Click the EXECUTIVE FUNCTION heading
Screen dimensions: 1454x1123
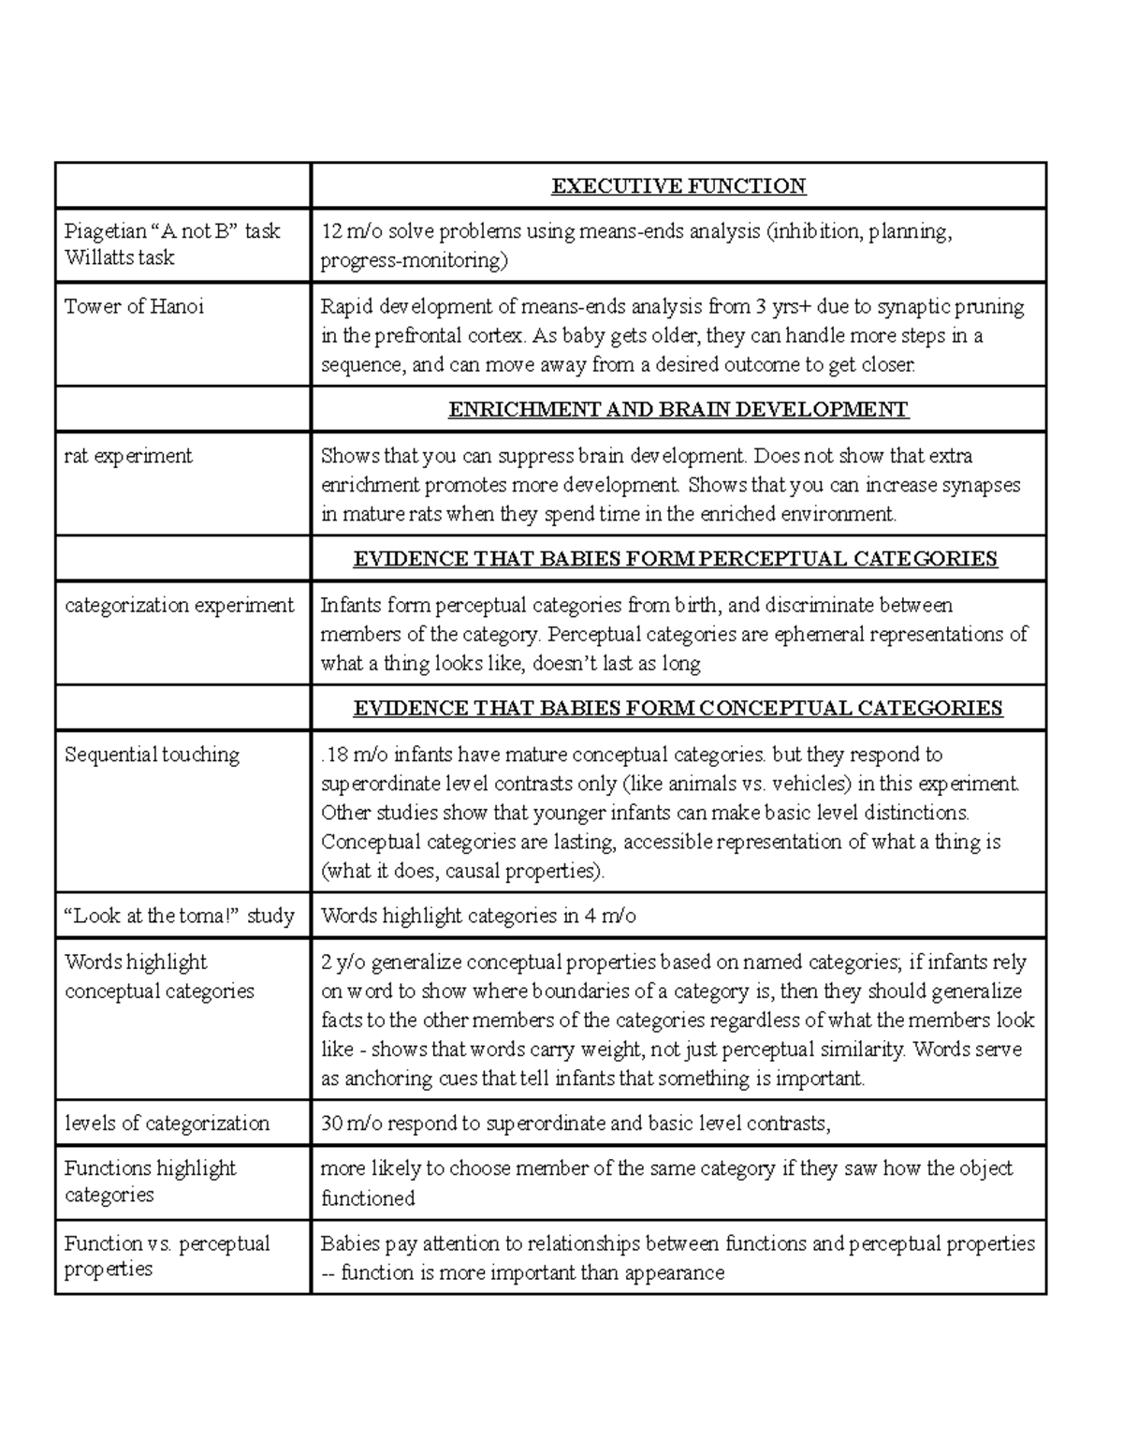pos(678,186)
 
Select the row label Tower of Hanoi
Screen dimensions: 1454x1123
pos(134,306)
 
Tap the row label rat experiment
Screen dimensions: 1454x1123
pos(127,456)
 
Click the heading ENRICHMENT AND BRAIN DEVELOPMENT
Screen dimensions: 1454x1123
pos(678,410)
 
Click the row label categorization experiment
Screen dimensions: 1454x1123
pos(179,605)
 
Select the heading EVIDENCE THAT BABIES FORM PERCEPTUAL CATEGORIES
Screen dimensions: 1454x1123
pos(675,560)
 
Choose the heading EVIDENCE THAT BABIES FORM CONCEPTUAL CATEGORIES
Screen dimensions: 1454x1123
pos(677,708)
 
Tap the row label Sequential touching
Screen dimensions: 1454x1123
pos(152,755)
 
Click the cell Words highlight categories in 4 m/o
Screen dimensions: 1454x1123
pos(478,916)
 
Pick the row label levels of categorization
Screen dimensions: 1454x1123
pos(167,1123)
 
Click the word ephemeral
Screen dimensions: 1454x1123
pos(819,635)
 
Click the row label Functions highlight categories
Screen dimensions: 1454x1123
pos(150,1182)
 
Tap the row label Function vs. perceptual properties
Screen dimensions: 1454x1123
pos(166,1256)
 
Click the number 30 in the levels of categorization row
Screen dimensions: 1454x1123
pos(331,1124)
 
